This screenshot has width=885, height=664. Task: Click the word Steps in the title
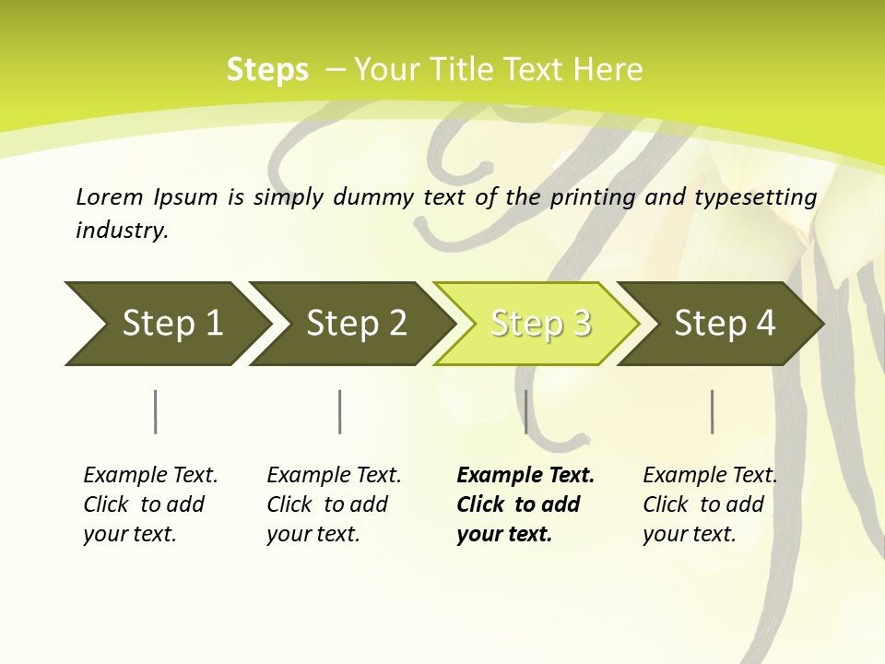click(267, 70)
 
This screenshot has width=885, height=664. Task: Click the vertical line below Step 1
click(156, 411)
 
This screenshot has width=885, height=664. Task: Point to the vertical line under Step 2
click(340, 411)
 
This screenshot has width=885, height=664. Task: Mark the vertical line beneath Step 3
click(525, 411)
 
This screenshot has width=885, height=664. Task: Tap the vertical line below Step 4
click(712, 411)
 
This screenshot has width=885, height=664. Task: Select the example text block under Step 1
click(150, 504)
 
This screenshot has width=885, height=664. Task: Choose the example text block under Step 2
click(334, 504)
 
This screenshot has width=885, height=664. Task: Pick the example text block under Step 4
click(710, 504)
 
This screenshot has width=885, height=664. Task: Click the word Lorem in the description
click(110, 196)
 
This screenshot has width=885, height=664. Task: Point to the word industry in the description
click(121, 231)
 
